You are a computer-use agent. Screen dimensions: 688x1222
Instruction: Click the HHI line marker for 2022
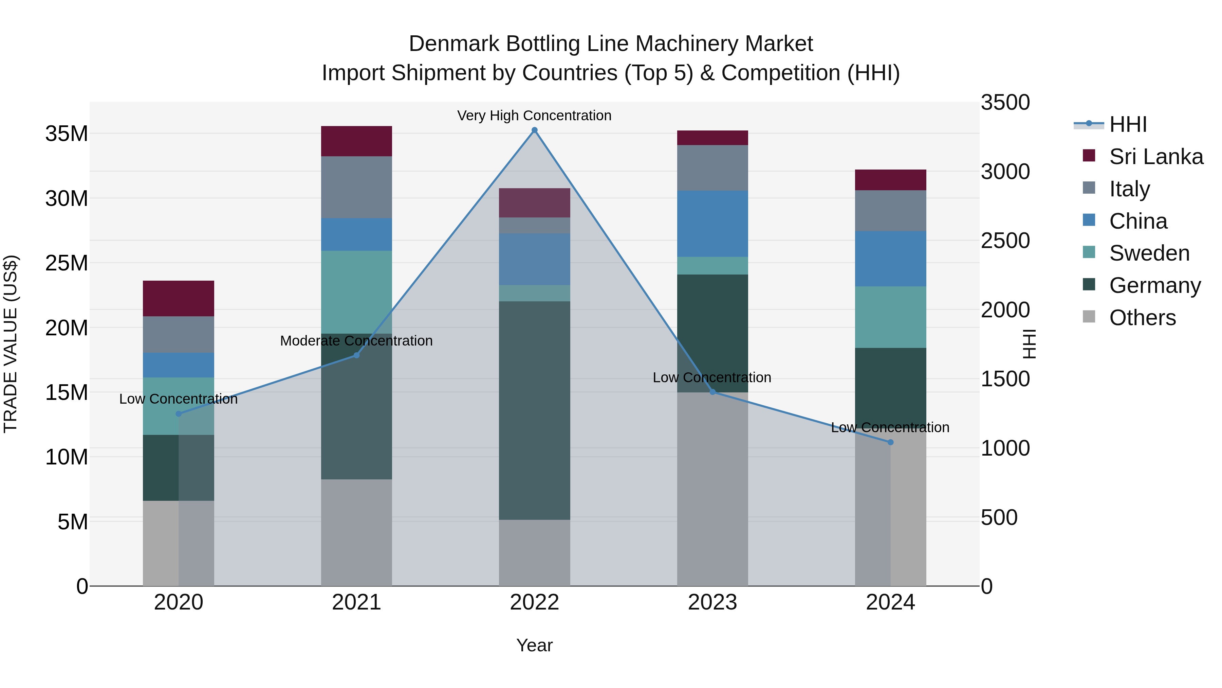point(534,130)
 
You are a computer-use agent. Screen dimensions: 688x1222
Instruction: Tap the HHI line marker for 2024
point(890,442)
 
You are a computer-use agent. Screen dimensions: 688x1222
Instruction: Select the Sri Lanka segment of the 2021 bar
point(356,141)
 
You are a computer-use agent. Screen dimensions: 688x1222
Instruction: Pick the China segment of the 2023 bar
point(712,224)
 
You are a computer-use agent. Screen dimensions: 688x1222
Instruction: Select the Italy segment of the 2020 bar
point(178,334)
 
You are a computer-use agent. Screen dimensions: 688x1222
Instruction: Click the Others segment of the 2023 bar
point(712,489)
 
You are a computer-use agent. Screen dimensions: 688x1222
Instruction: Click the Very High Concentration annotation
point(534,116)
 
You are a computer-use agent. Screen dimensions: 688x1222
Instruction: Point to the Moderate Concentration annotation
point(356,340)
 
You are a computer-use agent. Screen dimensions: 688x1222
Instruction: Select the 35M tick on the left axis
point(67,134)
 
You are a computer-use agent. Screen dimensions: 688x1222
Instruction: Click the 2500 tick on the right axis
point(1005,241)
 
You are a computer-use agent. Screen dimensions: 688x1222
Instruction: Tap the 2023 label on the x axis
point(712,602)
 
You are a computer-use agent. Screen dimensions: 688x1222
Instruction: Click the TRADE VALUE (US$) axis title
point(11,344)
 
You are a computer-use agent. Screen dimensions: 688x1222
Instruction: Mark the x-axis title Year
point(534,645)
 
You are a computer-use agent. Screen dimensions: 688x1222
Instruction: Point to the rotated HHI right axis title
point(1029,344)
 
